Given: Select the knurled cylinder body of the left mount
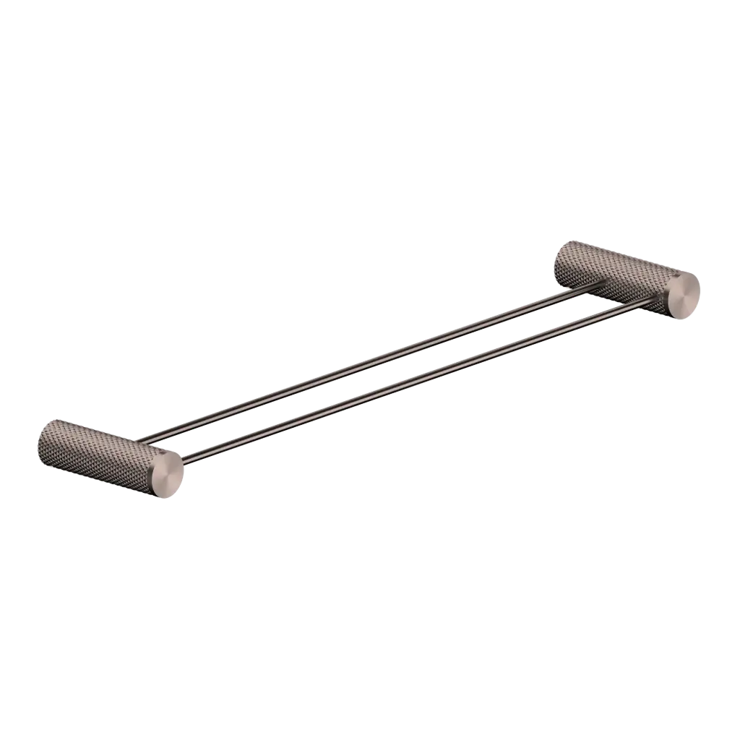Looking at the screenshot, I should (x=94, y=448).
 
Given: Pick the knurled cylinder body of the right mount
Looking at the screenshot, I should (x=614, y=271).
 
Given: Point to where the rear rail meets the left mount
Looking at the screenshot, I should (x=145, y=439).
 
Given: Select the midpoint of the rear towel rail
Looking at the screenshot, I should (x=369, y=361).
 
